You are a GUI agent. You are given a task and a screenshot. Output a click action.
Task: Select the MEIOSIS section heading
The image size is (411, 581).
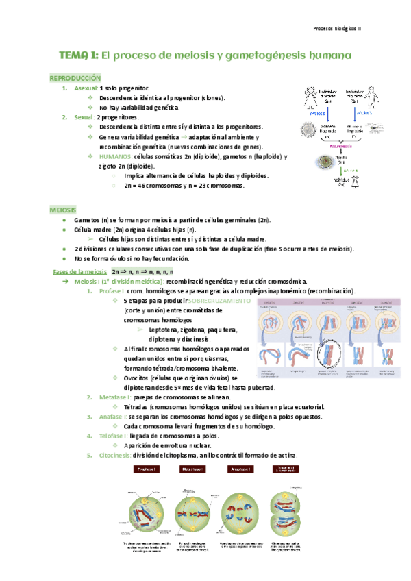point(63,208)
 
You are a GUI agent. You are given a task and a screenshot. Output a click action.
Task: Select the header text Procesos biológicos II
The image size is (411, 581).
point(340,29)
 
